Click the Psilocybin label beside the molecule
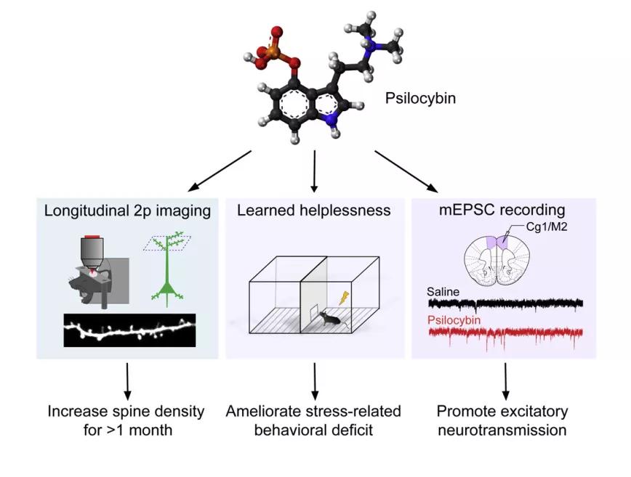[x=421, y=97]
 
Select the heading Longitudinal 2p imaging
[x=126, y=211]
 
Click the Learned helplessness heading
[x=313, y=211]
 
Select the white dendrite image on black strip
[x=130, y=332]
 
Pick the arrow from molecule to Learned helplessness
[x=314, y=169]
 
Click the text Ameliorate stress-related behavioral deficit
[x=313, y=420]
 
